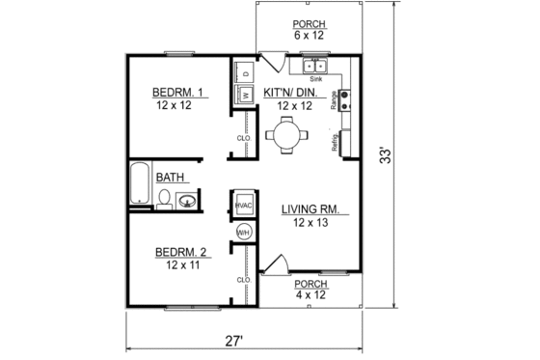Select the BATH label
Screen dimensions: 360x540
pos(171,178)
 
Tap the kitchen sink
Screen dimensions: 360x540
pos(316,67)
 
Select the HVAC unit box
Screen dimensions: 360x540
pos(243,206)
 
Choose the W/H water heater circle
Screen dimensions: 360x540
pos(243,233)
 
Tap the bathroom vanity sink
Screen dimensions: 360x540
pos(186,201)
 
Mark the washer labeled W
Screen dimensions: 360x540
pos(245,95)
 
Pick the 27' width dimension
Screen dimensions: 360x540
pos(234,340)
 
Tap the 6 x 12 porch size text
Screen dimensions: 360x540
pos(310,36)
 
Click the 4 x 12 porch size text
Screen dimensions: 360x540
pos(310,295)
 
